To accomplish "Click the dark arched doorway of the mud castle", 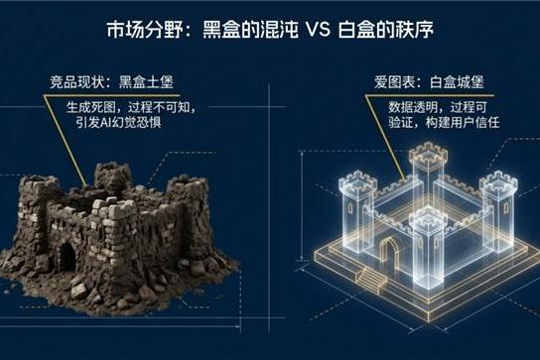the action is [66, 255].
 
